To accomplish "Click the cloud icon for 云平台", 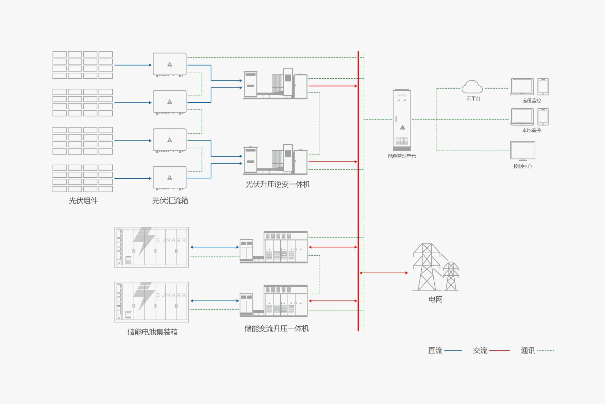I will point(472,87).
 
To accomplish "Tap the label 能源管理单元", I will point(402,156).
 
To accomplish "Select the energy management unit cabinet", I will point(402,119).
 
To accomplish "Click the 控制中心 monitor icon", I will point(523,150).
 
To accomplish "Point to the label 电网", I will point(435,299).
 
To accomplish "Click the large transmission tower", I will point(427,267).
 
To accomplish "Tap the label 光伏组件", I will point(83,201).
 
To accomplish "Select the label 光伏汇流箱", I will point(170,201).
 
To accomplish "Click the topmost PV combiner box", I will point(170,65).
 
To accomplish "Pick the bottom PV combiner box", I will point(170,178).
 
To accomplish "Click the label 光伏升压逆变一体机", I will point(278,185).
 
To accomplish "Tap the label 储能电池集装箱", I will point(152,332).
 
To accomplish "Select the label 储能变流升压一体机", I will point(276,328).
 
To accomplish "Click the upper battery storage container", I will point(151,247).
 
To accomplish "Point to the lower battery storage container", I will point(151,302).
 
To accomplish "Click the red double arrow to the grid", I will point(384,273).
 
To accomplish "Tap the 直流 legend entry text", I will point(435,351).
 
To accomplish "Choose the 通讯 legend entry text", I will point(528,351).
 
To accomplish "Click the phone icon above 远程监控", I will point(543,87).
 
